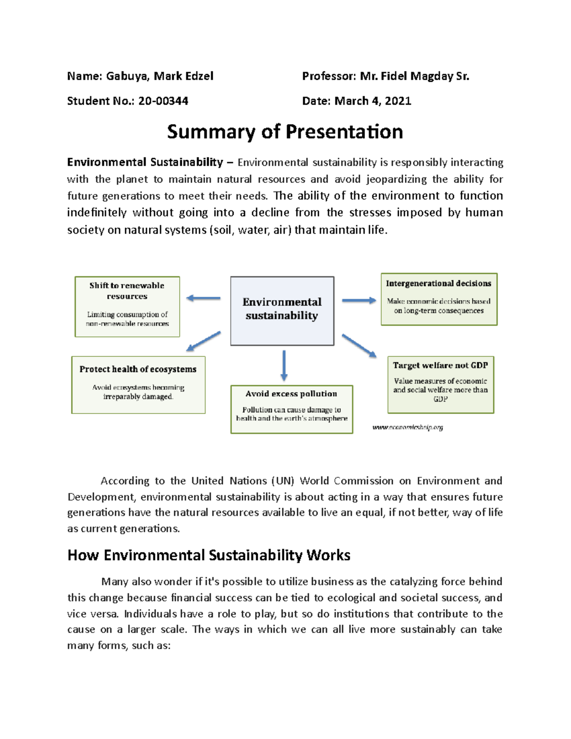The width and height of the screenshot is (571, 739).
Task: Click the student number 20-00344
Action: [x=163, y=101]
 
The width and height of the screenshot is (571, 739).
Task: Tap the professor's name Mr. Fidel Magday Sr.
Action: [x=414, y=76]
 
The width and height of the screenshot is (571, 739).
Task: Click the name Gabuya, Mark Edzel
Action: [x=159, y=76]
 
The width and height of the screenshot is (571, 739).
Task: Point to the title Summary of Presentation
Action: [x=285, y=132]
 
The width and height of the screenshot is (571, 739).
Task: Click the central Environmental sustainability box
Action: [x=282, y=310]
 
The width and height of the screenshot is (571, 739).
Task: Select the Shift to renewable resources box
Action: [x=127, y=306]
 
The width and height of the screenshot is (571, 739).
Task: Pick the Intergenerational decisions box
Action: [x=439, y=299]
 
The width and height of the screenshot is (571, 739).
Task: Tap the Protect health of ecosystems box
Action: [x=138, y=384]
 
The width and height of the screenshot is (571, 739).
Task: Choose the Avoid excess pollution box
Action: [x=291, y=409]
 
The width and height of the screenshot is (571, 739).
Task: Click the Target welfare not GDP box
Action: [x=440, y=384]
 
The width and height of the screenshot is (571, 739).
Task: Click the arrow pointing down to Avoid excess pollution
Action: [x=284, y=365]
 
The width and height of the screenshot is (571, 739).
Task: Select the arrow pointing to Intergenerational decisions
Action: [x=359, y=300]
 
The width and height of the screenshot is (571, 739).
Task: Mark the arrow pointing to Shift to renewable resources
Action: [x=203, y=298]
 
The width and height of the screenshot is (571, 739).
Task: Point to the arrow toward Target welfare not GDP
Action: [x=359, y=345]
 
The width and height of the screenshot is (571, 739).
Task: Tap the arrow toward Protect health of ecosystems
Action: [x=204, y=341]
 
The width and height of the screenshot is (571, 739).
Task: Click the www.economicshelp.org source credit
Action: [x=407, y=427]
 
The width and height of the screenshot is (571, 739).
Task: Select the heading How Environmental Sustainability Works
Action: [x=209, y=555]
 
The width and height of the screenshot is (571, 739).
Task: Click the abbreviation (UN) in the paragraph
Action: [x=283, y=481]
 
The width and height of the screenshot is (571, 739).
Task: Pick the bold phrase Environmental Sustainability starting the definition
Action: [x=145, y=162]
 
